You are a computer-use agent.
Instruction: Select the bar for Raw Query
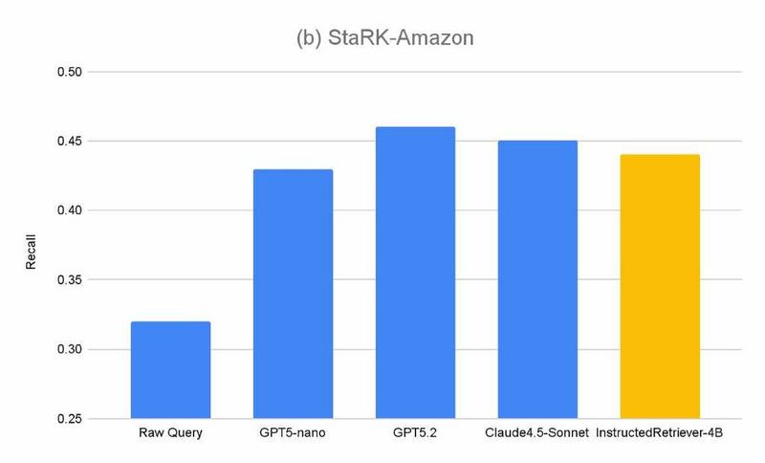(x=170, y=370)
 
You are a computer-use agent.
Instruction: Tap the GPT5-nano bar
(x=293, y=295)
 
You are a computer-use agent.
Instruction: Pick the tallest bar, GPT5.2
(x=415, y=273)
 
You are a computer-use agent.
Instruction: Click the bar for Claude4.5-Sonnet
(x=537, y=279)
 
